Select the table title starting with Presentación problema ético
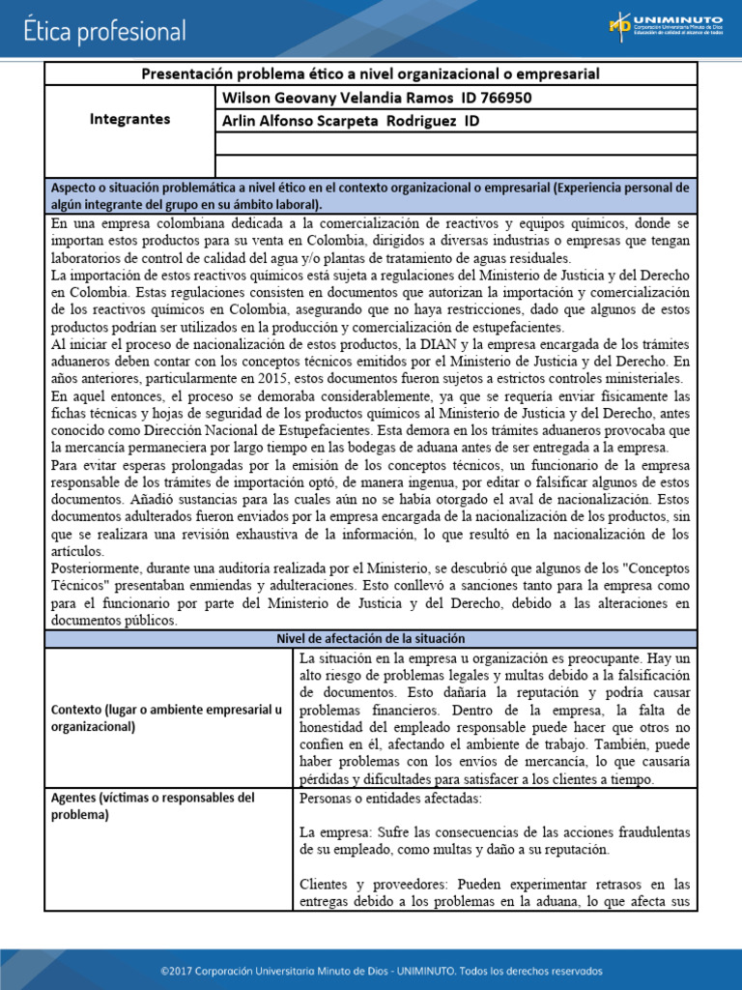(371, 73)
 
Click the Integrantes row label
(129, 119)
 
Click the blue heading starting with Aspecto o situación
(370, 195)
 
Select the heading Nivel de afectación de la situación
(371, 639)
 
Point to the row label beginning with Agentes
(152, 806)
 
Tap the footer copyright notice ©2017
(371, 970)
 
